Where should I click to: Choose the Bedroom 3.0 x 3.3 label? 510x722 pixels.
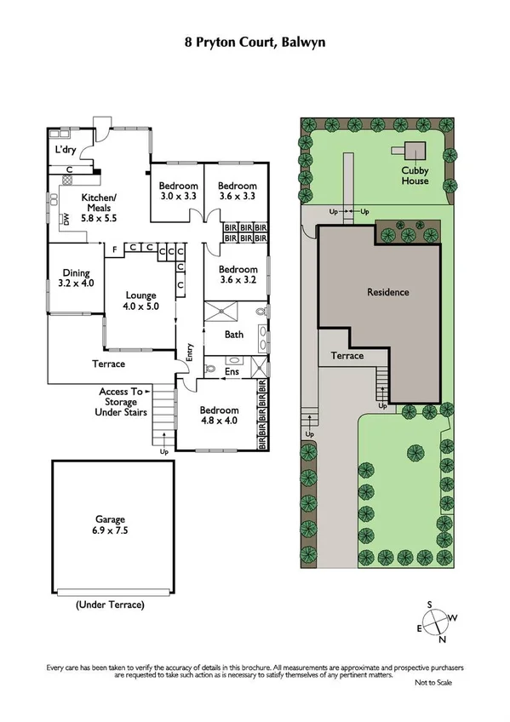pos(179,192)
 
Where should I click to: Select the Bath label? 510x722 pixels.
pos(233,335)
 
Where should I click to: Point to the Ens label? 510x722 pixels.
pos(232,372)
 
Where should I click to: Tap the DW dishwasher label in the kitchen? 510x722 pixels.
pos(65,220)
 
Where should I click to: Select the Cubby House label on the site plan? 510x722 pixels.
pos(415,175)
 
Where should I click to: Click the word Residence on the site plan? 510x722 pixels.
pos(387,292)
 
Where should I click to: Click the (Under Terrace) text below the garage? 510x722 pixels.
pos(110,605)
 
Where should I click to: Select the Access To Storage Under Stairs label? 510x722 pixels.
pos(123,402)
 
